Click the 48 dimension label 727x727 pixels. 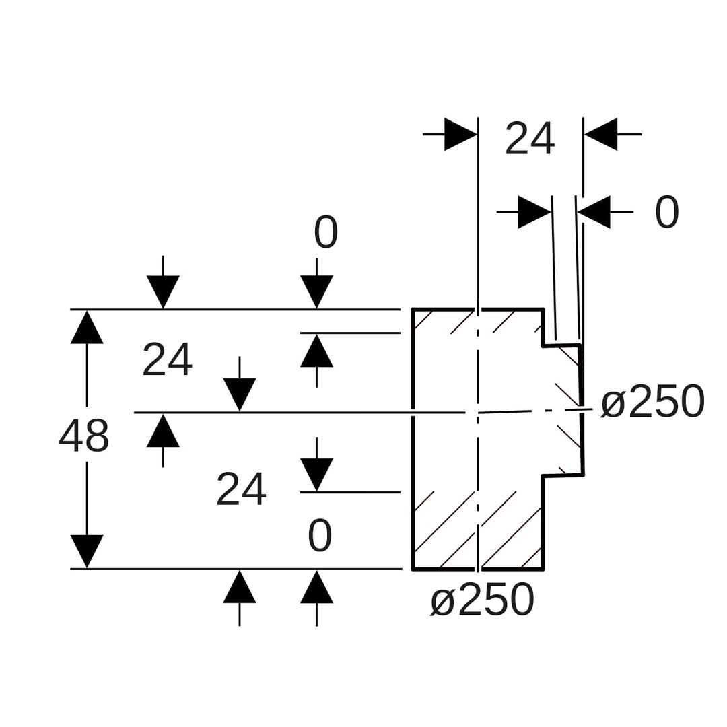(x=83, y=436)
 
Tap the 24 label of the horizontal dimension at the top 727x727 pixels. (x=530, y=139)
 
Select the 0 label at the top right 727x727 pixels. (x=666, y=212)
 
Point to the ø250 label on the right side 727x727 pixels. (x=652, y=403)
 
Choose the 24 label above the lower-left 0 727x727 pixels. (x=241, y=489)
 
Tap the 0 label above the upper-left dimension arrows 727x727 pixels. (x=326, y=233)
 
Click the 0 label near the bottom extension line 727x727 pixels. (x=320, y=536)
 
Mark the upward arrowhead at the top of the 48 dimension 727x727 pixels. (x=87, y=327)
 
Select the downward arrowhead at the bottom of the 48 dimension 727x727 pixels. (x=87, y=551)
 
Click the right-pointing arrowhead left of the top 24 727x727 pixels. (x=460, y=135)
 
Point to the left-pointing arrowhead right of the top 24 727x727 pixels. (x=600, y=135)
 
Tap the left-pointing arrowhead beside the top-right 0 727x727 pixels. (x=594, y=212)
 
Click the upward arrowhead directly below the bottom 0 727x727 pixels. (x=316, y=587)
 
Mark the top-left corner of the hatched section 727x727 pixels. (x=413, y=309)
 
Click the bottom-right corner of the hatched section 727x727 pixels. (x=543, y=569)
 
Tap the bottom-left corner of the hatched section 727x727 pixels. (x=413, y=569)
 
